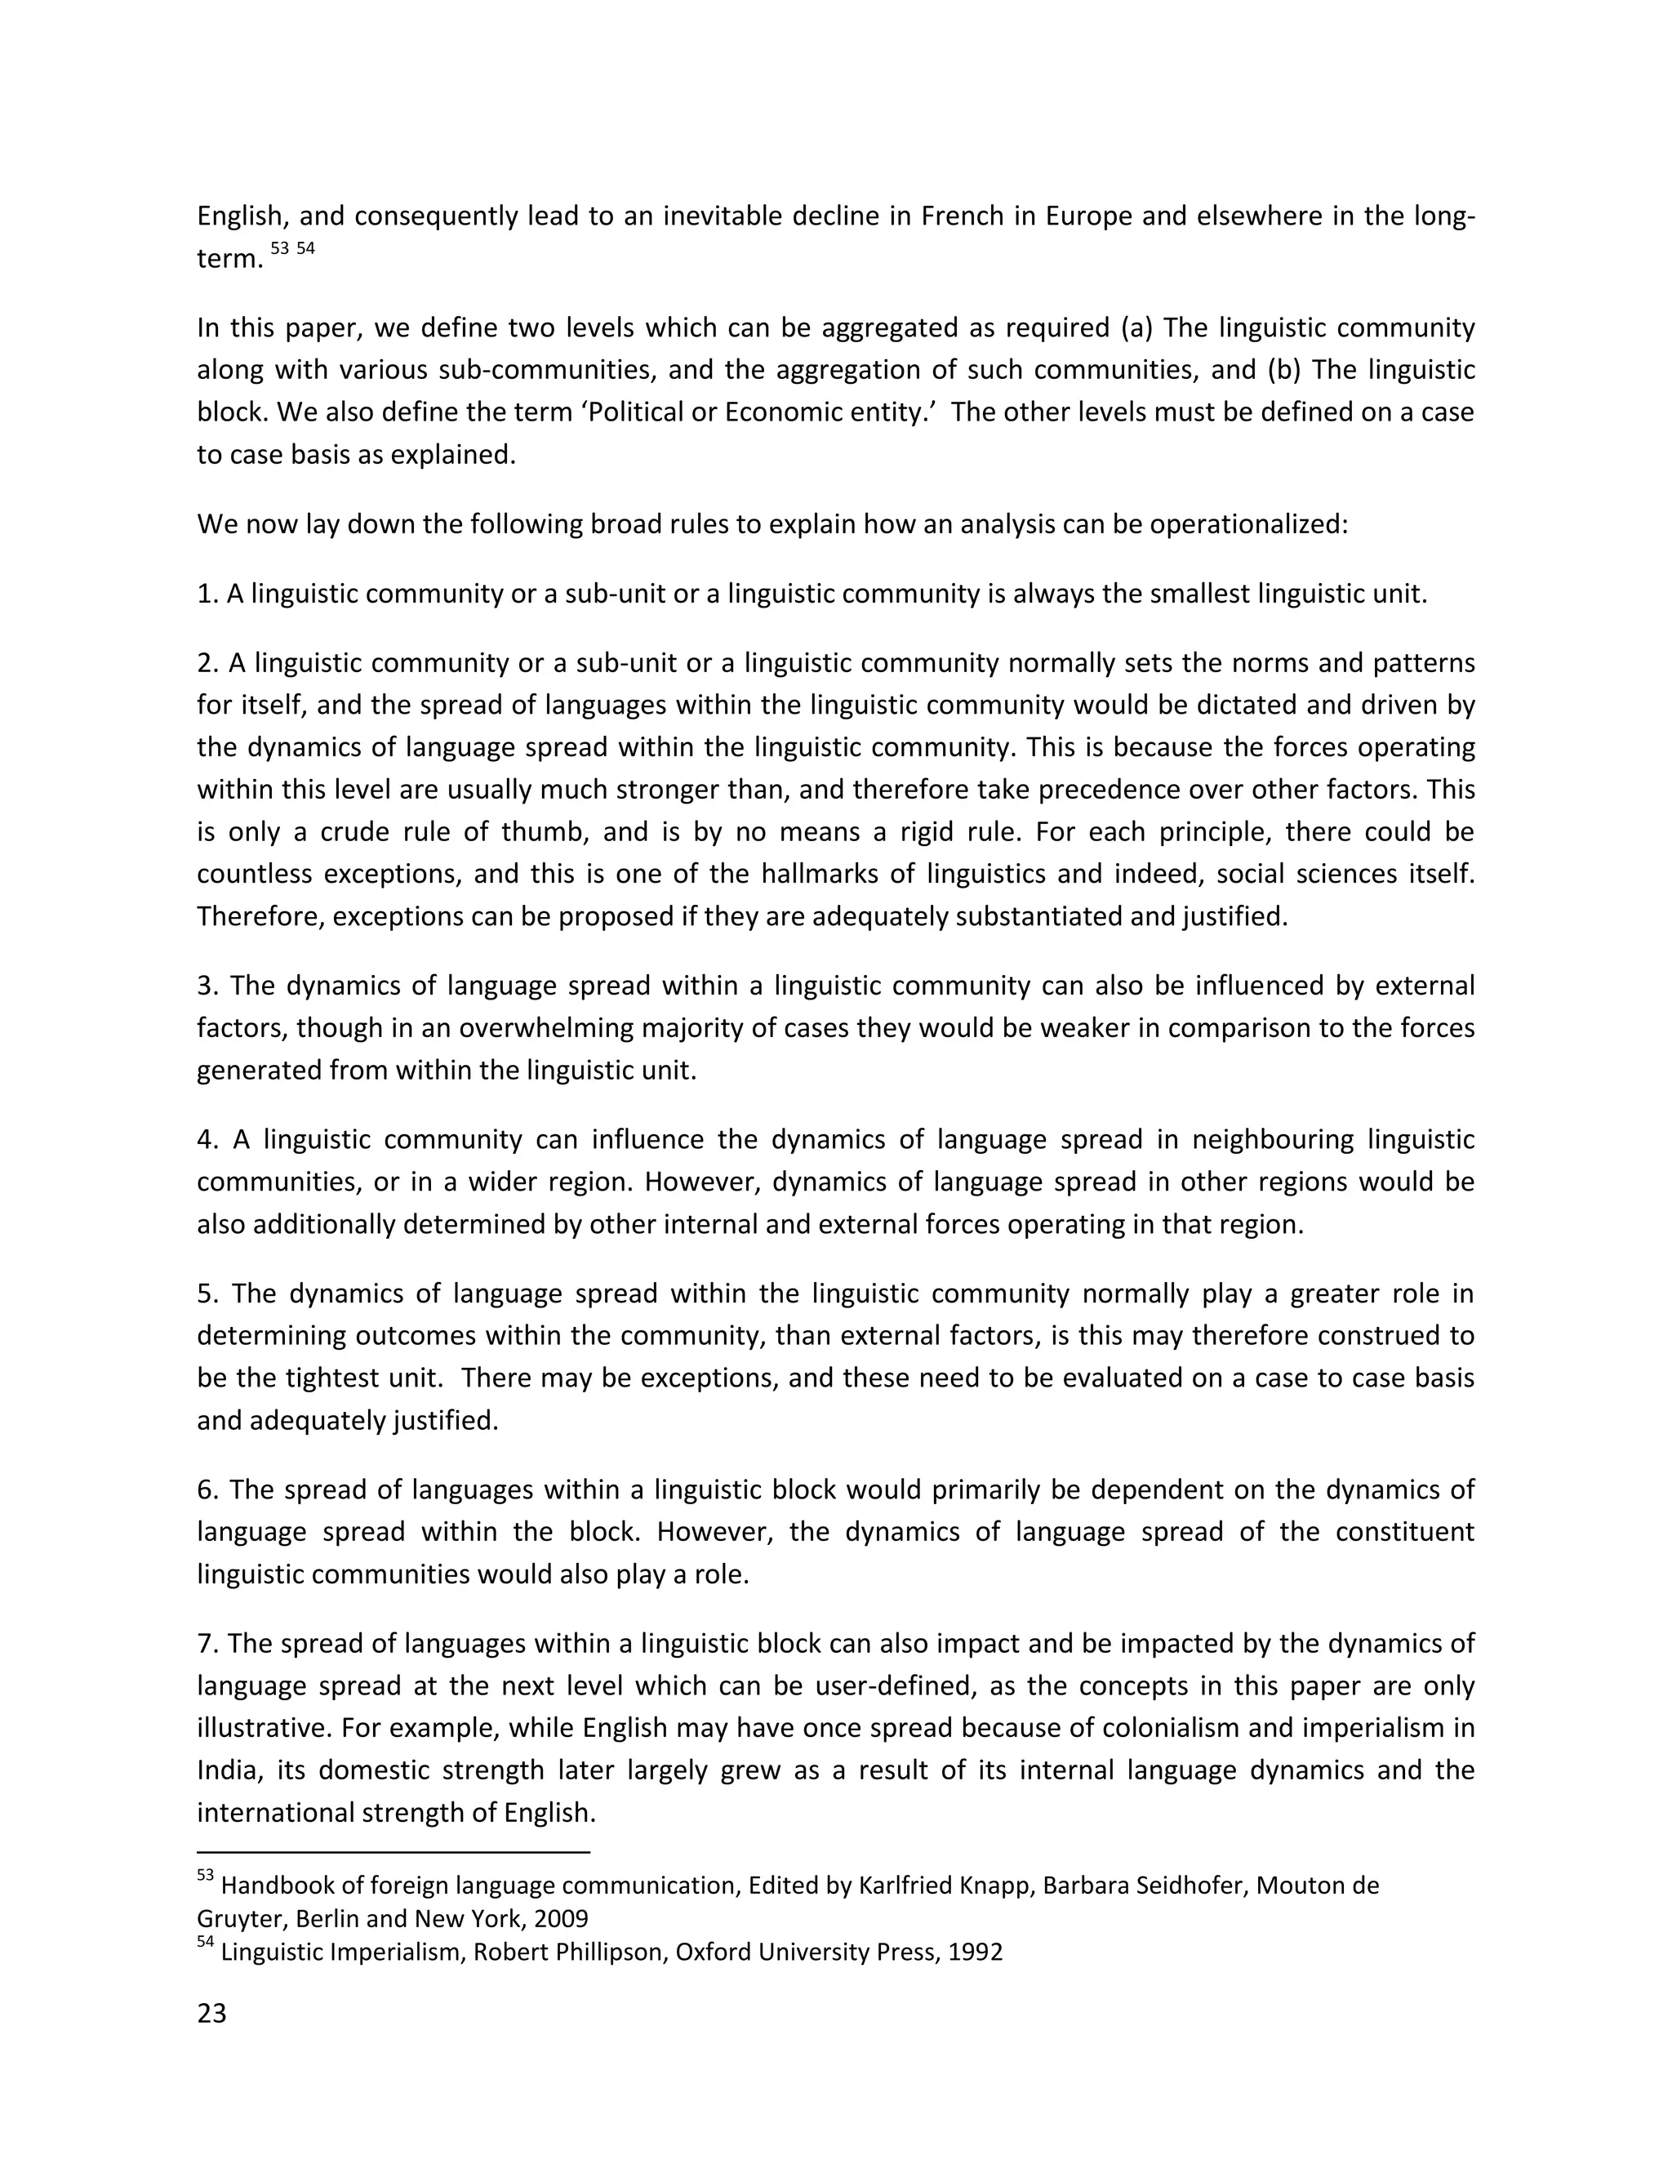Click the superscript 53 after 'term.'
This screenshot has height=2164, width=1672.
point(279,249)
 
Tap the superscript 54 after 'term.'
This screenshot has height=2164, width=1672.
point(305,249)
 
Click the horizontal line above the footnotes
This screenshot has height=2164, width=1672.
point(394,1851)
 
